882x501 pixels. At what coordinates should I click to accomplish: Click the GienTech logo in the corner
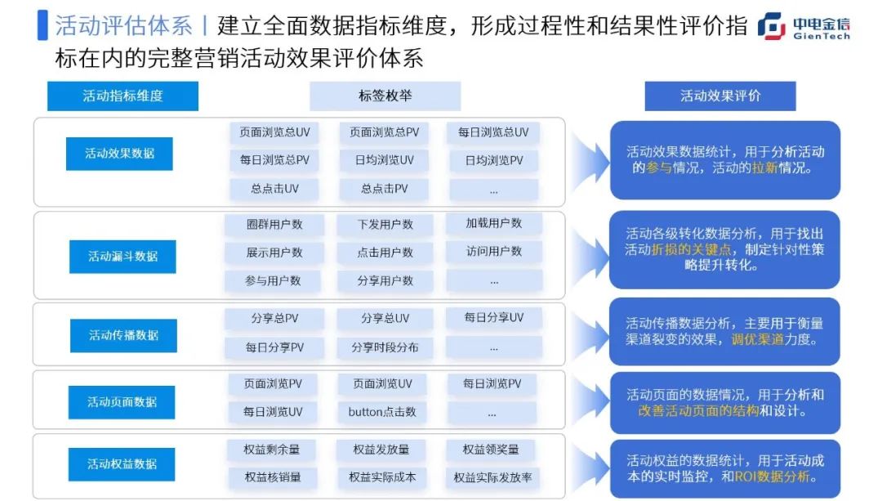pos(804,26)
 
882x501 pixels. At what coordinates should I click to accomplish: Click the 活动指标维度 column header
pos(122,96)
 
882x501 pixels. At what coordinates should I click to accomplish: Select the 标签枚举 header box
pos(385,96)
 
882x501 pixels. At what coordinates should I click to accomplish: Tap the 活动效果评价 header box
pos(720,96)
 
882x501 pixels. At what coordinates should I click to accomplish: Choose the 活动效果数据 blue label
pos(119,154)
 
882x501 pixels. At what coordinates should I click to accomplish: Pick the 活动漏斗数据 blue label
pos(122,257)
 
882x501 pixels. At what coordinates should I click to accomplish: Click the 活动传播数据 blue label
pos(123,336)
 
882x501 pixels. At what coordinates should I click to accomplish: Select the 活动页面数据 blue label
pos(122,402)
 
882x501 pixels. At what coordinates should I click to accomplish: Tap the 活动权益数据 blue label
pos(122,464)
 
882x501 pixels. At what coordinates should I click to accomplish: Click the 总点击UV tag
pos(274,189)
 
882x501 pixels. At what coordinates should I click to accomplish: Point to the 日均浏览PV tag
pos(494,161)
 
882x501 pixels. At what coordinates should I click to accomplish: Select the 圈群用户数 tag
pos(274,225)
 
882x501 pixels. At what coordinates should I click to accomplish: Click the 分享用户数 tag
pos(385,281)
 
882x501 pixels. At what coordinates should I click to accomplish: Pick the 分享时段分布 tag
pos(385,347)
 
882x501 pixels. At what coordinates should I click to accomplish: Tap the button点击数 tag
pos(382,412)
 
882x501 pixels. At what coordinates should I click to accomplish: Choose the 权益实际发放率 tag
pos(492,477)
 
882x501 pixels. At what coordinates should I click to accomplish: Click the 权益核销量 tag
pos(272,477)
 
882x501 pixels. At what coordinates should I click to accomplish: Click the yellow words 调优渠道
pos(758,339)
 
